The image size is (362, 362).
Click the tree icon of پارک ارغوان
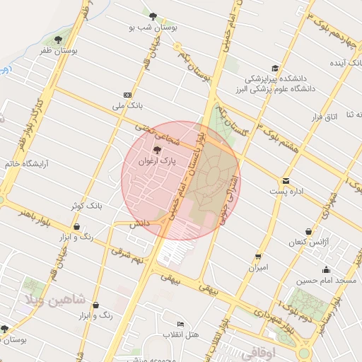[x=157, y=150]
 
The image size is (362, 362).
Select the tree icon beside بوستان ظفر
[x=58, y=40]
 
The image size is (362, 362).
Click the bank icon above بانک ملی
[x=127, y=95]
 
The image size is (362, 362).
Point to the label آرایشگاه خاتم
[x=23, y=163]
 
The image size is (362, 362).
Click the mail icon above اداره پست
[x=286, y=180]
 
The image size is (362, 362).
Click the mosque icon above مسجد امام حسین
[x=326, y=269]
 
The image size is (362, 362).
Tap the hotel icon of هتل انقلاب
[x=180, y=324]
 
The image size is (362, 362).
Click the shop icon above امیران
[x=258, y=257]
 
